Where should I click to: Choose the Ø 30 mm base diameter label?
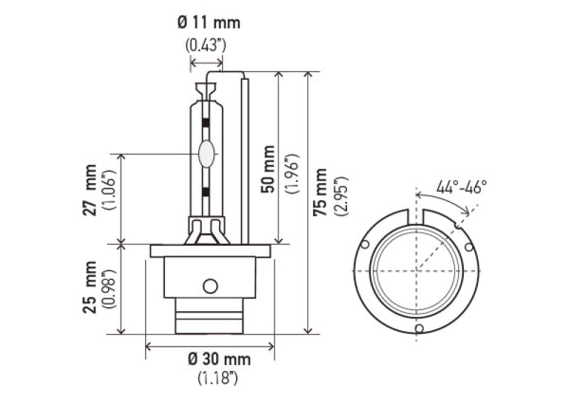219,359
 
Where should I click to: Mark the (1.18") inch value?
219,378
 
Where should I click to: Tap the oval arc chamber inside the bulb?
207,154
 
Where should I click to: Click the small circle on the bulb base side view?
211,286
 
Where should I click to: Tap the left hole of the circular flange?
366,246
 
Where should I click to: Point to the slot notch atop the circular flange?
417,217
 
